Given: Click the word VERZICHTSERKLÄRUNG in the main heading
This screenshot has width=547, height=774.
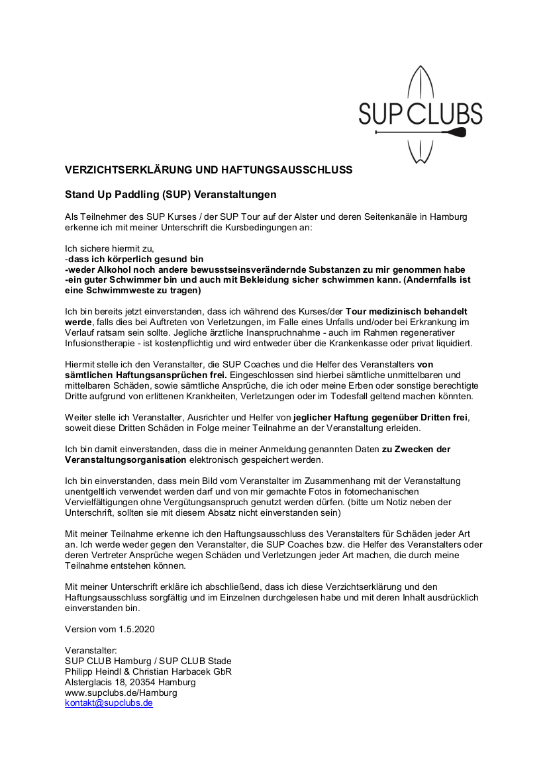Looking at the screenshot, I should pos(128,170).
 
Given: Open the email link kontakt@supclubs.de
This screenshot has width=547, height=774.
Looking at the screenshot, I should pos(109,703).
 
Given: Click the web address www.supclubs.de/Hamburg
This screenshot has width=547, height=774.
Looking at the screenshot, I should pos(121,693).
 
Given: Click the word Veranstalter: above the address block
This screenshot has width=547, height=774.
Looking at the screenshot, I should pos(91,650).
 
